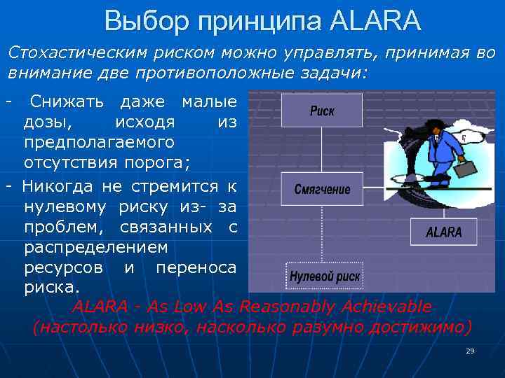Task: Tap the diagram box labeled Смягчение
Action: tap(322, 189)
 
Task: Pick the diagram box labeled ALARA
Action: tap(444, 232)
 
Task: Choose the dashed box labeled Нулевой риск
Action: tap(325, 276)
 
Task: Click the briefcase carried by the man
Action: tap(463, 168)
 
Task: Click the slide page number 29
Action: tap(470, 351)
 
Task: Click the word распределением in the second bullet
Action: tap(95, 248)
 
